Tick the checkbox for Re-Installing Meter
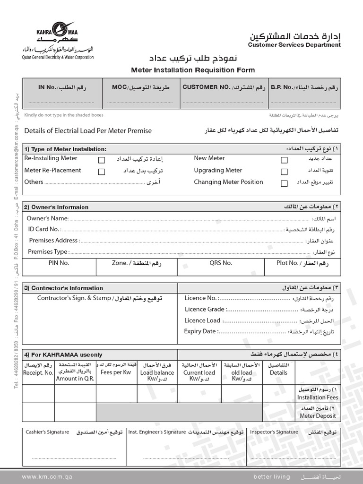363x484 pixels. point(102,160)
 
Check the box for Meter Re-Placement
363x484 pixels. point(102,172)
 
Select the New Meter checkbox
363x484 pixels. point(284,160)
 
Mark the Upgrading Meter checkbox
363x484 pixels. point(284,172)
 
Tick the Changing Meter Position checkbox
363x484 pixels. point(284,183)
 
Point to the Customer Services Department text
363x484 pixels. point(294,45)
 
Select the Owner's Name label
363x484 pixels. point(47,218)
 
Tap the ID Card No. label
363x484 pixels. point(44,229)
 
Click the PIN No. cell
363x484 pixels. point(59,263)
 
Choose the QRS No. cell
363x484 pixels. point(221,263)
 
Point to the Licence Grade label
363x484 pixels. point(205,309)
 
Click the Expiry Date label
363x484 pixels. point(200,331)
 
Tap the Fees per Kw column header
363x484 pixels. point(115,372)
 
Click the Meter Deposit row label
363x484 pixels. point(318,416)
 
